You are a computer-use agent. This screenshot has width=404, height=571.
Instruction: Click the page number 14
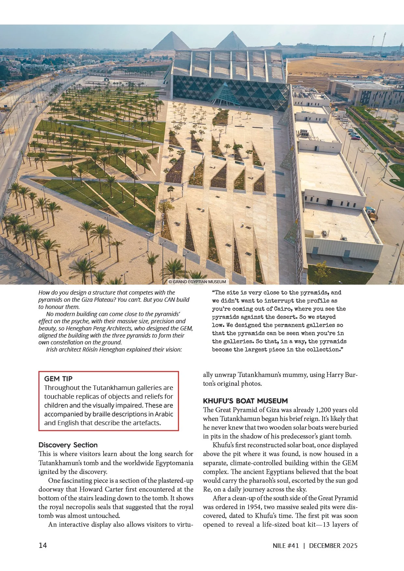coord(43,545)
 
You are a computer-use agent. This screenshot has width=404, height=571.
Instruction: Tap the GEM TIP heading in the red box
coord(58,379)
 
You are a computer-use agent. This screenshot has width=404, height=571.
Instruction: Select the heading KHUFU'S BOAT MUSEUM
coord(245,401)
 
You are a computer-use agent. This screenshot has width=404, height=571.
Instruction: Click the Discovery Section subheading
coord(68,445)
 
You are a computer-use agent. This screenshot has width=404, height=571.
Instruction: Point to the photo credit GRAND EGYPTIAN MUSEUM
coord(197,282)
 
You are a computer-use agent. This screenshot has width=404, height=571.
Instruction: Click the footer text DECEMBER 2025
coord(333,546)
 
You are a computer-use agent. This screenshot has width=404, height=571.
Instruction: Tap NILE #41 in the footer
coord(286,546)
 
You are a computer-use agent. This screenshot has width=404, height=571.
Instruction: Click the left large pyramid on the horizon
coord(171,42)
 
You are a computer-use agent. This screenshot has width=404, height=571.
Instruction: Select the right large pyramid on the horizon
coord(231,41)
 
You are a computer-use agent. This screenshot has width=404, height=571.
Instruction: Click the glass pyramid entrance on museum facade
coord(225,94)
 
